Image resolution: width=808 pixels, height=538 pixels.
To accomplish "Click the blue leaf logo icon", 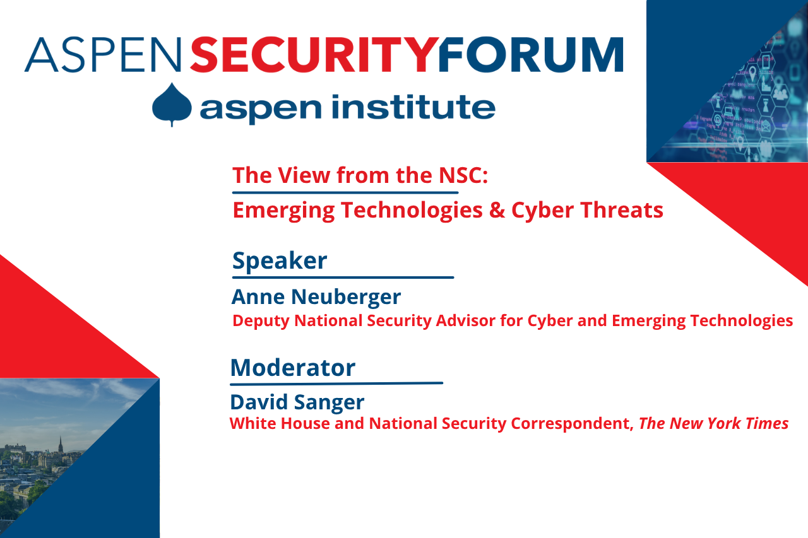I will pos(172,104).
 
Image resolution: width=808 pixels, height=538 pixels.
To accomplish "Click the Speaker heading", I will pos(280,260).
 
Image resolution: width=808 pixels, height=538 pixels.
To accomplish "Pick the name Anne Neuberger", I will pos(316,296).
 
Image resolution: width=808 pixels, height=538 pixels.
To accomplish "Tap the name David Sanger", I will pos(297,402).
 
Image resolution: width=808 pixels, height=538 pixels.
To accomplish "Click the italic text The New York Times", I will pos(713,423).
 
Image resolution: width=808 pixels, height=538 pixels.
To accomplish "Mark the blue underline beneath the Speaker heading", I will pos(343,277).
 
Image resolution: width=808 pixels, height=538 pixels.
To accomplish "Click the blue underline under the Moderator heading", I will pos(336,383).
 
